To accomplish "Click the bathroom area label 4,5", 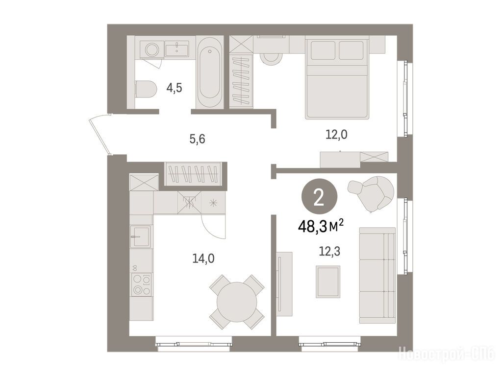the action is tap(174, 87).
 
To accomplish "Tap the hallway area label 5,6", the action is tap(197, 139).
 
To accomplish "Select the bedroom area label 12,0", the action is tap(336, 135).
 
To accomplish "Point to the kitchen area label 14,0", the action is tap(203, 258).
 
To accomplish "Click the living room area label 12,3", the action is tap(329, 252).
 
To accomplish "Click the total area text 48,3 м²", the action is tap(321, 227).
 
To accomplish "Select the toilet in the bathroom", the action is tap(146, 89).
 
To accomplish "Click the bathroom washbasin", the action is tap(176, 48).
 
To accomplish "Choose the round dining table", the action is tap(237, 302).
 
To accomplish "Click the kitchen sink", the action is tap(140, 236).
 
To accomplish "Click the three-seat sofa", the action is tap(377, 275).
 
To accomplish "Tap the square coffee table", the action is tap(328, 282).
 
